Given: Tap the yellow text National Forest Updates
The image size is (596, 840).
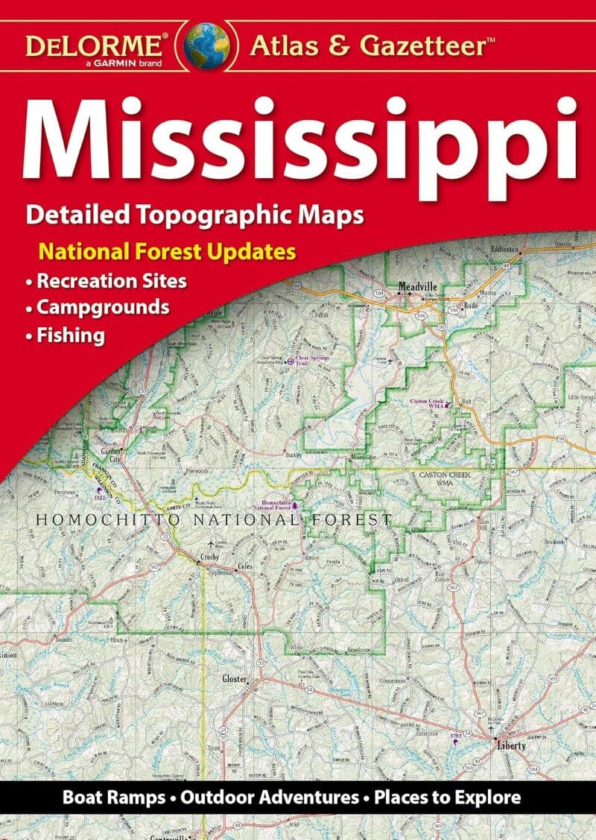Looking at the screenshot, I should pyautogui.click(x=168, y=251).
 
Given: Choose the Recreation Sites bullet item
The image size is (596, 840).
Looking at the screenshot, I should pyautogui.click(x=112, y=282).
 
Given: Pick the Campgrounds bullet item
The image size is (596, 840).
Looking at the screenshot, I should pyautogui.click(x=104, y=307).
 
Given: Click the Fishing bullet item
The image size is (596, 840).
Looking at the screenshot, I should pyautogui.click(x=71, y=335).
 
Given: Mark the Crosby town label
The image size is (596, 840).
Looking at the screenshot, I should pyautogui.click(x=209, y=558).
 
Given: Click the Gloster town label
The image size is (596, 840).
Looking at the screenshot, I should pyautogui.click(x=234, y=679).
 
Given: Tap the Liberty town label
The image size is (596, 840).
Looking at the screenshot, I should pyautogui.click(x=511, y=745).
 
